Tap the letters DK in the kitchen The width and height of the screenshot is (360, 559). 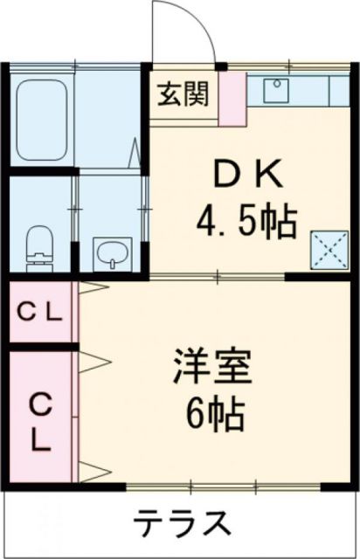(248, 178)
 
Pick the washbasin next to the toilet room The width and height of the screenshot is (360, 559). (111, 255)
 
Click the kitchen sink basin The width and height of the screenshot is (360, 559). (274, 93)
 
